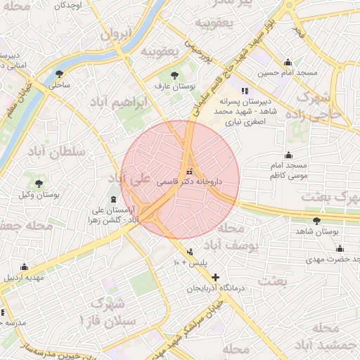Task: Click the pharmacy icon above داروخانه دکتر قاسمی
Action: (x=188, y=172)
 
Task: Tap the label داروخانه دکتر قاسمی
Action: (x=190, y=181)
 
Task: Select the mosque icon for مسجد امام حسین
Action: (x=288, y=62)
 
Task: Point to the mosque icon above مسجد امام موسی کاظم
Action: (x=288, y=155)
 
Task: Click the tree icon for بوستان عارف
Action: (x=174, y=75)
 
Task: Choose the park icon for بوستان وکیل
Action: (x=39, y=184)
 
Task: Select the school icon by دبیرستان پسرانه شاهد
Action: (x=245, y=91)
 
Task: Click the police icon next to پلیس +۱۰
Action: (x=190, y=252)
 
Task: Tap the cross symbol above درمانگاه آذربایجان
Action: (x=215, y=277)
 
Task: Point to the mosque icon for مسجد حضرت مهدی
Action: (x=340, y=248)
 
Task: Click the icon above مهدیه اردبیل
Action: (x=25, y=266)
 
